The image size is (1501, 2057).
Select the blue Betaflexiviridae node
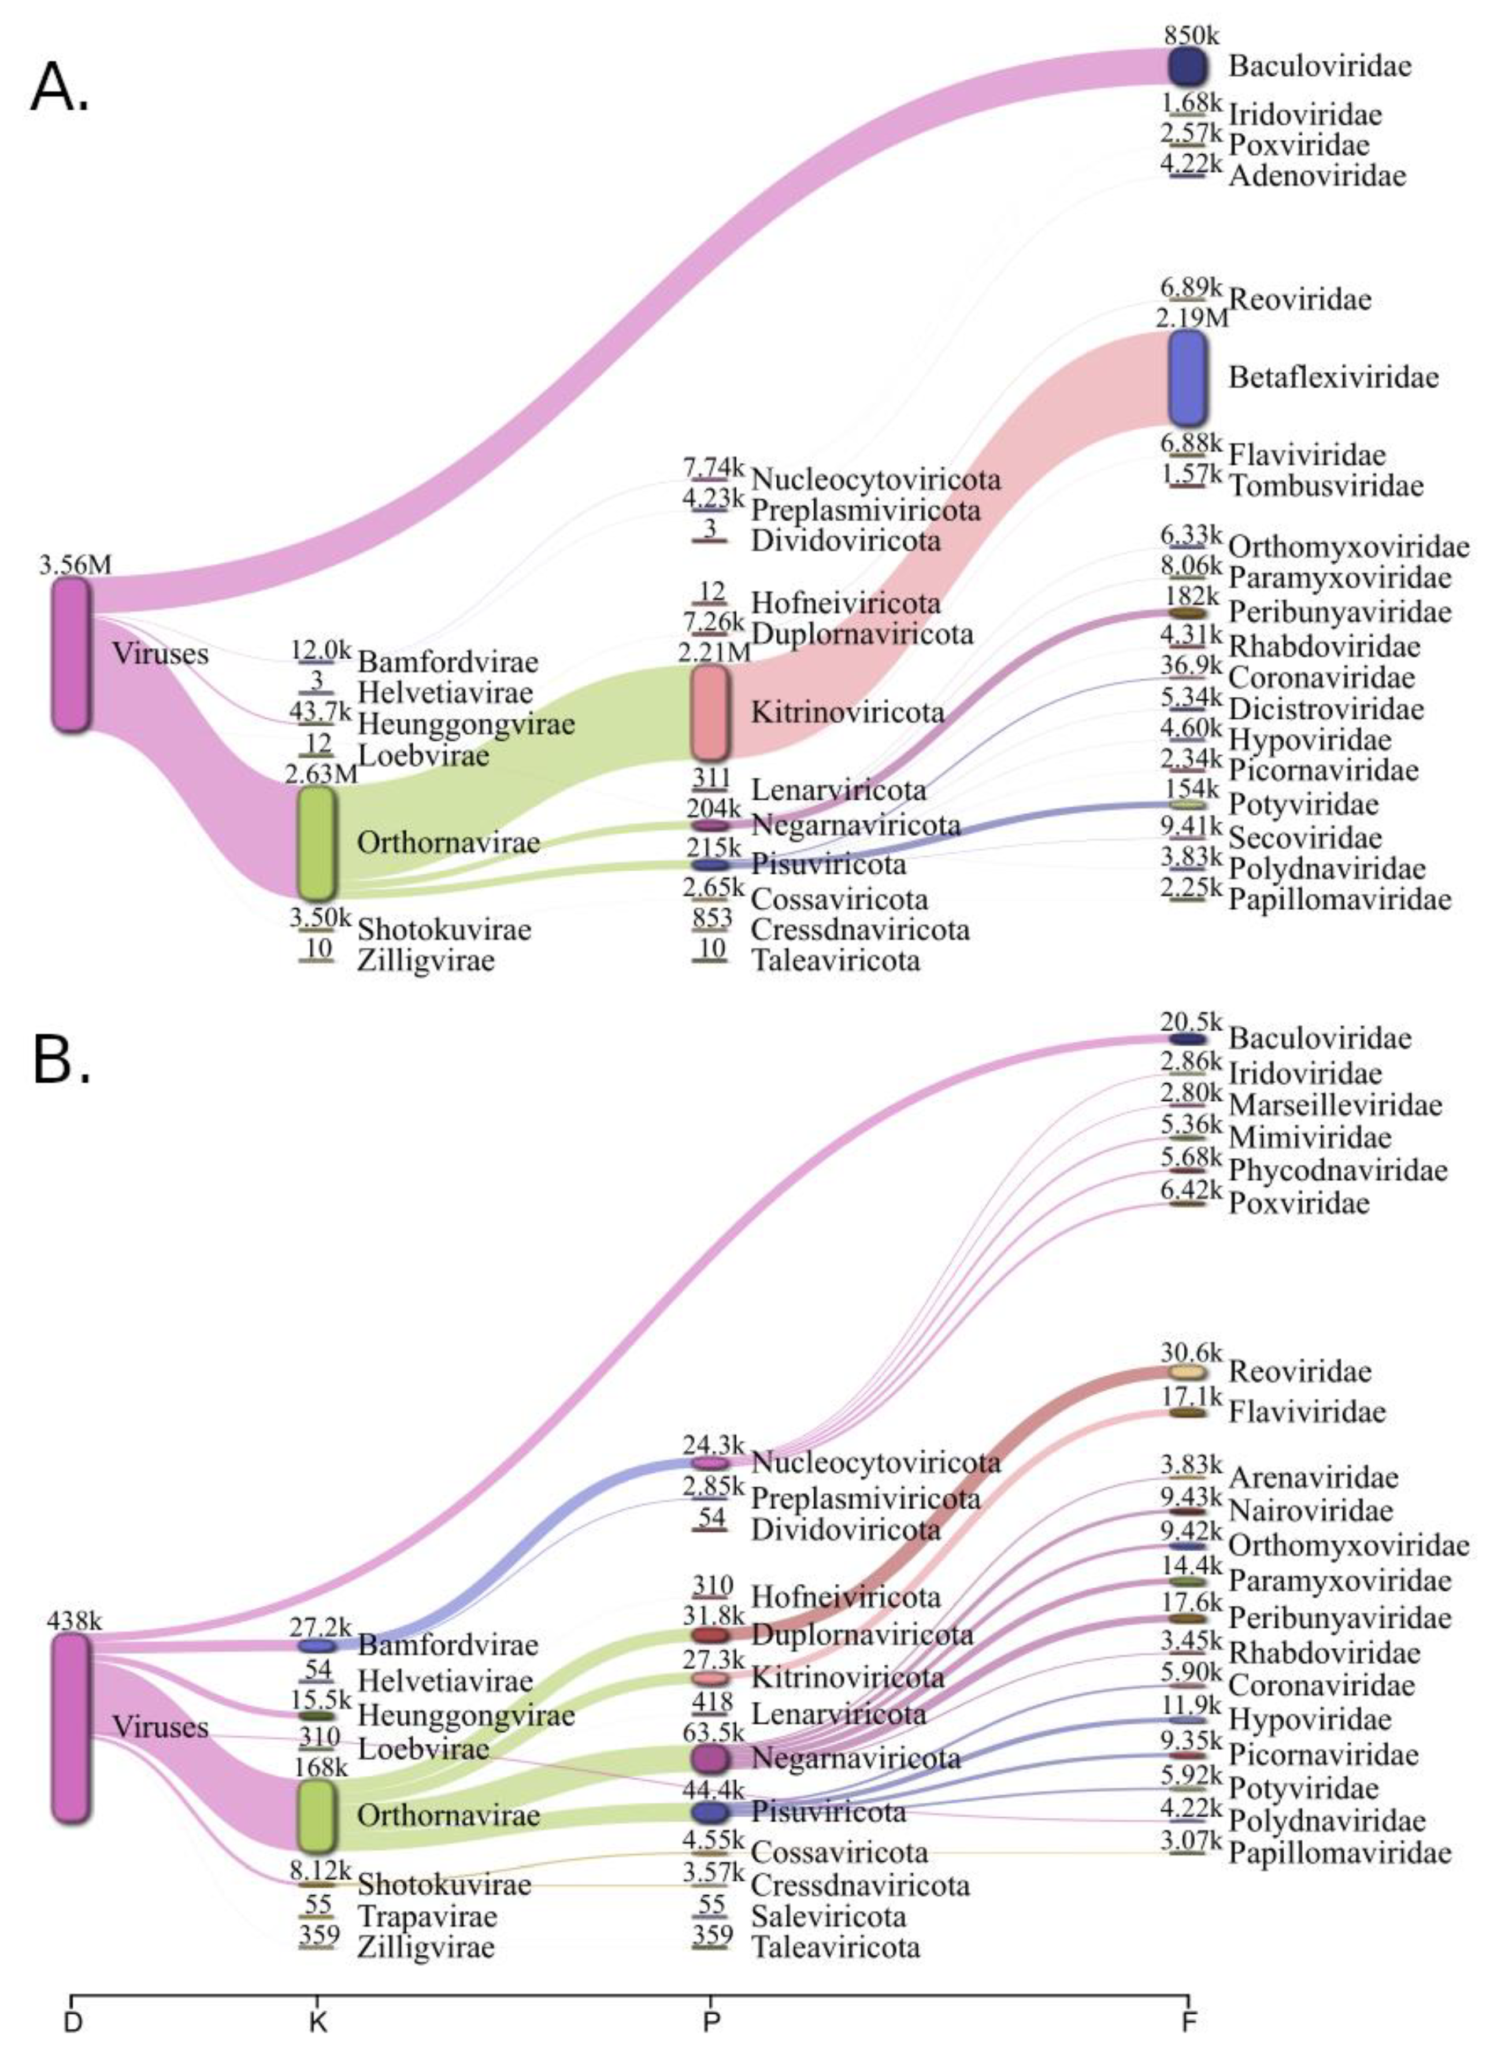(1188, 378)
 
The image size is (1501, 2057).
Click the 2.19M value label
(1191, 318)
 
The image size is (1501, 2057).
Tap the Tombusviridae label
(1326, 486)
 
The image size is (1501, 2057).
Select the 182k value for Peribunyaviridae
(1191, 597)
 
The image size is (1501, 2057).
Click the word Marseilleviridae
(1335, 1105)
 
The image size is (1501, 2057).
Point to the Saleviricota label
(828, 1917)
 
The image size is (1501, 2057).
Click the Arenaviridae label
(1313, 1477)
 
